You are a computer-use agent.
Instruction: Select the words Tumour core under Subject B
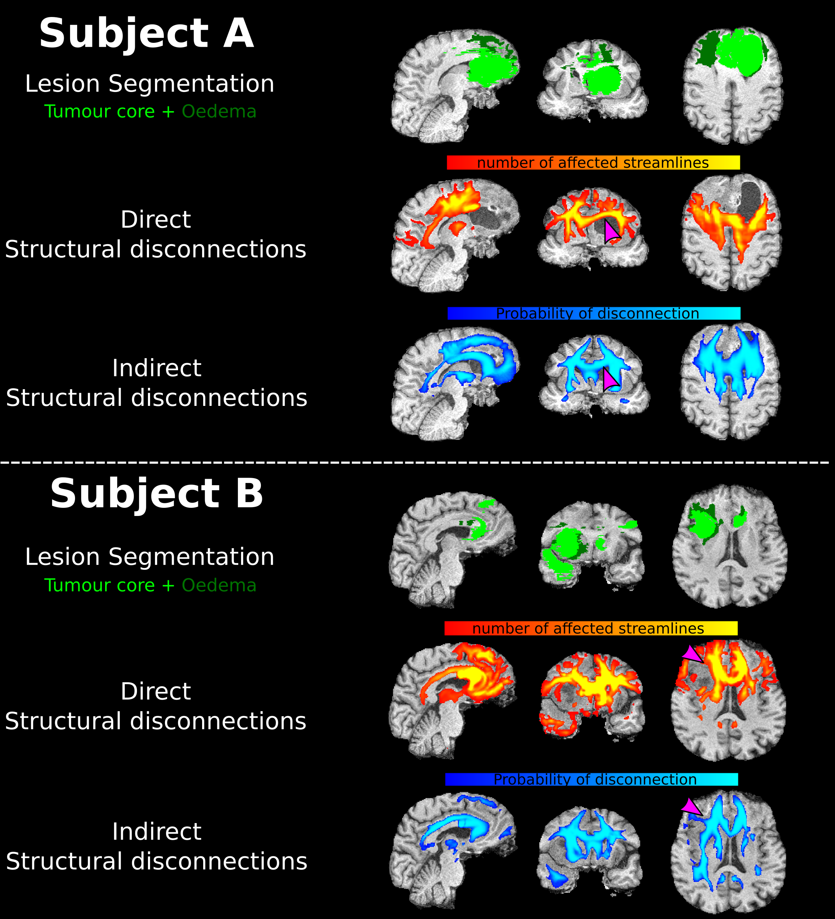pos(99,585)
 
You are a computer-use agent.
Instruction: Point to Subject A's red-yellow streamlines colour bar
pos(593,163)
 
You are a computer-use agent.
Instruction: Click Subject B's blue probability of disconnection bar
pos(591,779)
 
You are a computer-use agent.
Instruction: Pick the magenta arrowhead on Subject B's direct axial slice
pos(692,654)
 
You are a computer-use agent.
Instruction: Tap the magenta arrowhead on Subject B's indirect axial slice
pos(691,807)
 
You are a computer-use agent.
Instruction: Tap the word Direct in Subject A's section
pos(155,219)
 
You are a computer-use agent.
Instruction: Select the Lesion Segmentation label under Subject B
pos(150,557)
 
